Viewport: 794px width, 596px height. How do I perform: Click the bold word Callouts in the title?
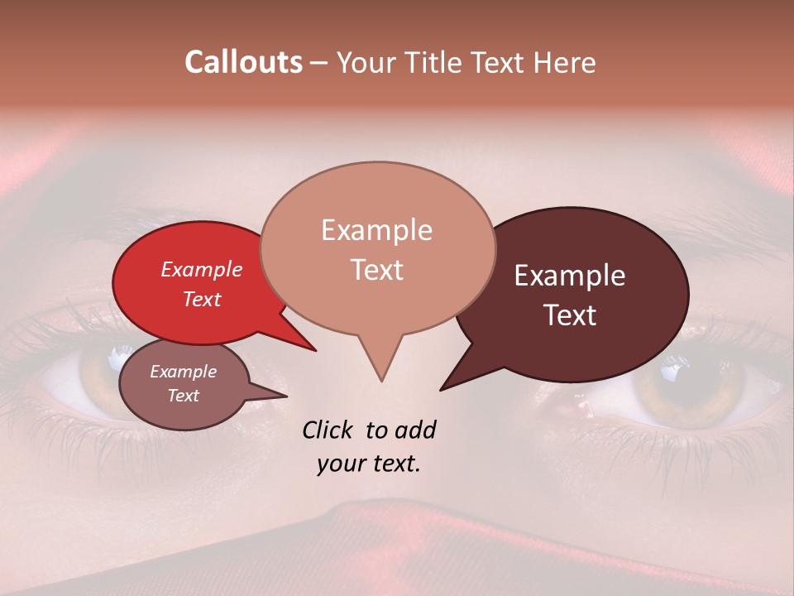(243, 62)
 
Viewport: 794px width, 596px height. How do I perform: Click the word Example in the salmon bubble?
(376, 230)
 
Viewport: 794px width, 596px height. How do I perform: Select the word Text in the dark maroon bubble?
(571, 315)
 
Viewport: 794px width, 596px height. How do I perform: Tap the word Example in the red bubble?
(202, 269)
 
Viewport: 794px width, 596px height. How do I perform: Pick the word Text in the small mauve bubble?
(184, 396)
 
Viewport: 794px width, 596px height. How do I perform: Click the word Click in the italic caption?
(329, 430)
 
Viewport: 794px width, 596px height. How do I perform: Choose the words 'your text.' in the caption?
(369, 464)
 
